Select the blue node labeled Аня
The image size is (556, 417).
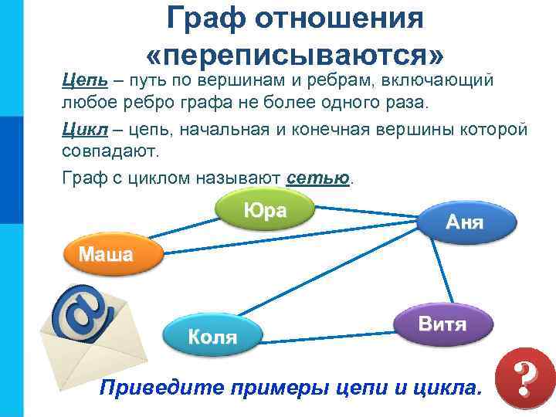(465, 222)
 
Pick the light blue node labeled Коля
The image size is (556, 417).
(212, 336)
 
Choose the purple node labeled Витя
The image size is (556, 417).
(442, 324)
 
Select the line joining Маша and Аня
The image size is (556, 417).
(293, 240)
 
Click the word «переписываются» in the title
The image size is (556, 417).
(295, 53)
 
